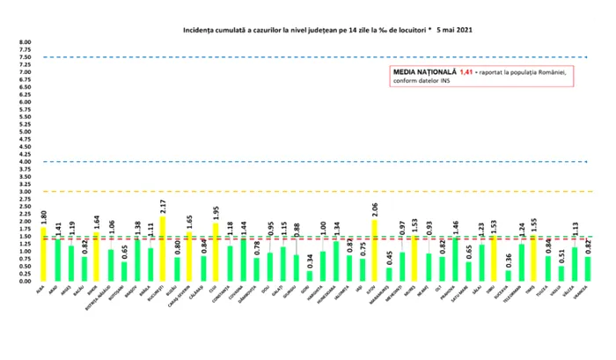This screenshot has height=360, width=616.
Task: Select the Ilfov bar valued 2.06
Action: (x=375, y=250)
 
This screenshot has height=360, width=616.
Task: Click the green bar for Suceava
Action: (x=508, y=275)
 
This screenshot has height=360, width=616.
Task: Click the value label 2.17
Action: (x=163, y=209)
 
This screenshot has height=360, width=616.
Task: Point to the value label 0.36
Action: (x=508, y=261)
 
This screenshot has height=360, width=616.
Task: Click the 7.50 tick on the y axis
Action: (x=25, y=57)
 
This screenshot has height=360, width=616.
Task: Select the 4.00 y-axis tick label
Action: (x=25, y=162)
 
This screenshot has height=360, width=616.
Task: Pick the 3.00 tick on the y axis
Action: (x=25, y=192)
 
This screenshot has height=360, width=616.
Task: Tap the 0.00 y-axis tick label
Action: (x=25, y=281)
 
